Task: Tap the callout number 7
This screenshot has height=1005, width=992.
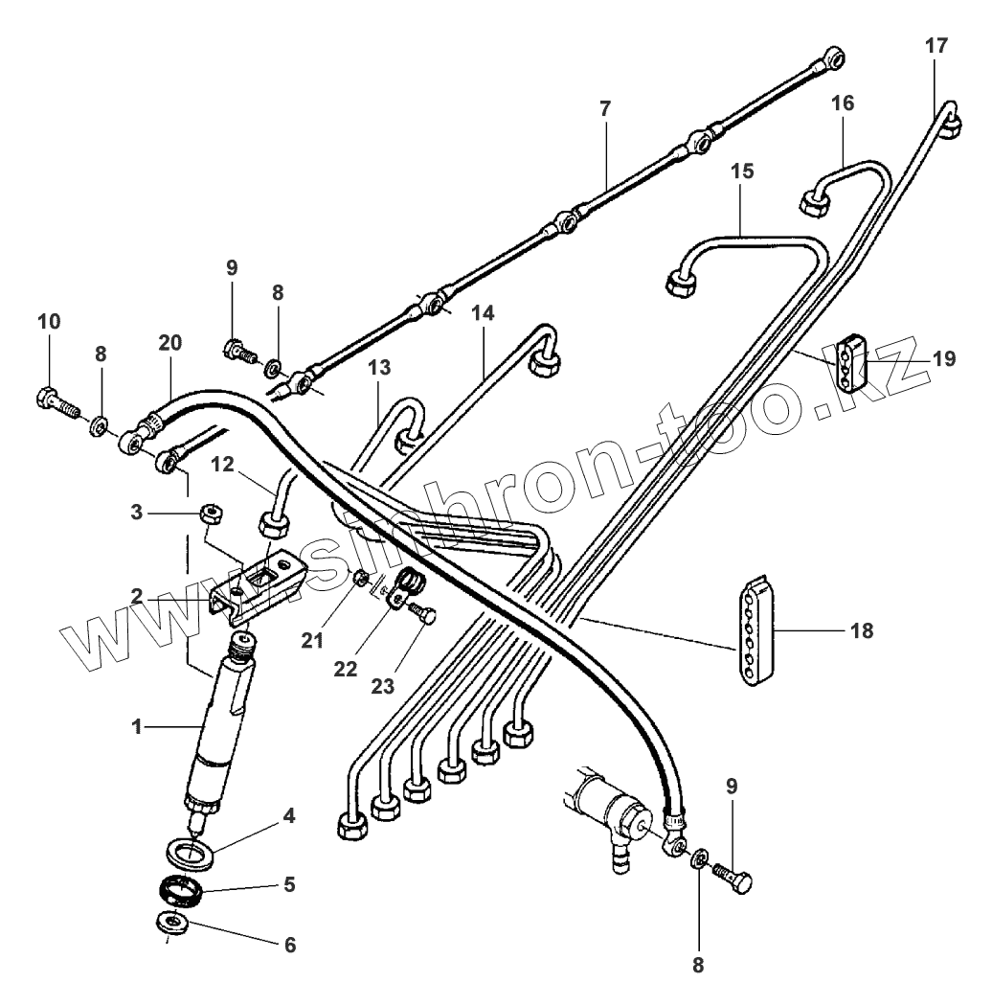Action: tap(604, 109)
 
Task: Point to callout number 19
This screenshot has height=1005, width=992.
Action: tap(943, 358)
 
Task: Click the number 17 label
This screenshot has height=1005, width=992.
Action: tap(936, 44)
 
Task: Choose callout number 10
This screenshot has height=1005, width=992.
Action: tap(49, 321)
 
